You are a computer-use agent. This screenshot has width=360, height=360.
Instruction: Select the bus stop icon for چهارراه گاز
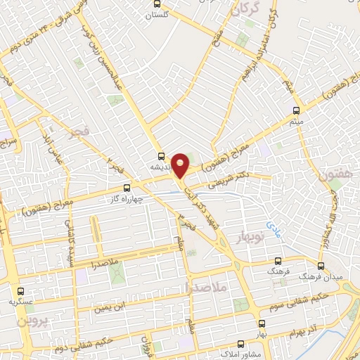click(127, 188)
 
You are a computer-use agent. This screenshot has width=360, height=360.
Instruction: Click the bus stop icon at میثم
click(296, 110)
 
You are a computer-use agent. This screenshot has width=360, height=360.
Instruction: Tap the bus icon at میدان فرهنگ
click(321, 266)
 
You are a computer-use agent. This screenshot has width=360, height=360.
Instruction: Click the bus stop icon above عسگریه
click(20, 290)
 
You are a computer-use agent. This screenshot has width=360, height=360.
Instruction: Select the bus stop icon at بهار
click(262, 323)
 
